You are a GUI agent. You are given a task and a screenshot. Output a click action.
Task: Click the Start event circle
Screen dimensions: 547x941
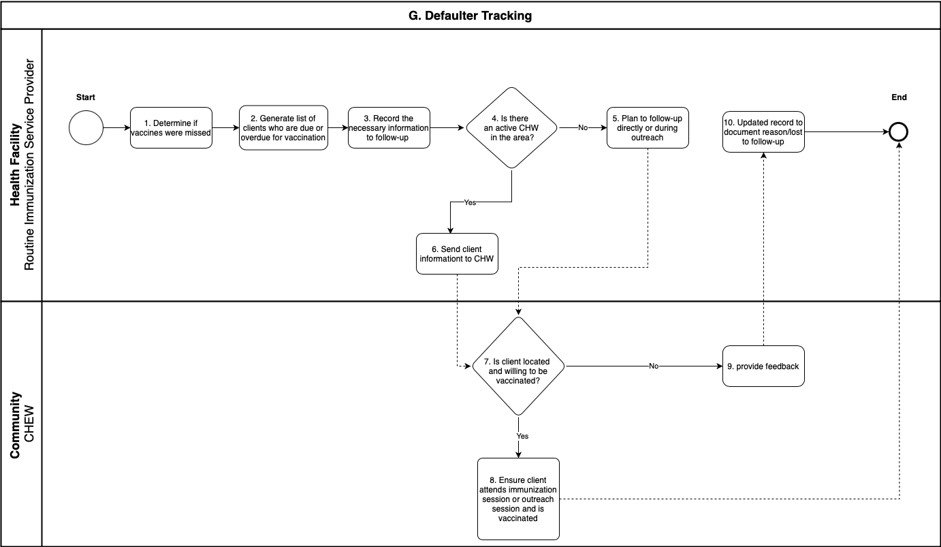pos(86,128)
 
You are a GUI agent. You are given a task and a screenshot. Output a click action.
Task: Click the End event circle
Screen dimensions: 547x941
pos(899,132)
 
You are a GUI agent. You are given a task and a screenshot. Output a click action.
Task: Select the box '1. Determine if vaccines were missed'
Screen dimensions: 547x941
pos(171,128)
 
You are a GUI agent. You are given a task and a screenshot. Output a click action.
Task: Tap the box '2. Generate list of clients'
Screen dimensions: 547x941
pos(283,128)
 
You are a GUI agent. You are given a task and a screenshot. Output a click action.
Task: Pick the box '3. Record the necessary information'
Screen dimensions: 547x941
pos(389,128)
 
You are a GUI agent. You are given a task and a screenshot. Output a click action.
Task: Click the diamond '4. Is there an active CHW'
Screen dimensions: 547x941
pos(511,128)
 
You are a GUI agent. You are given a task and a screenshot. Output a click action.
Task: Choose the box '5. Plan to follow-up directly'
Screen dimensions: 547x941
pos(648,128)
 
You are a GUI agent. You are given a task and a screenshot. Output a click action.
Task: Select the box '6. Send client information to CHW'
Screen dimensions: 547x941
pos(457,254)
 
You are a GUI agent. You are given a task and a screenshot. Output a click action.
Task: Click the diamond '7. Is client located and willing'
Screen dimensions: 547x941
pos(518,366)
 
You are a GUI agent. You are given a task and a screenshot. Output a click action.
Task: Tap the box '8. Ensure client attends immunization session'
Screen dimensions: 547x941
pos(518,499)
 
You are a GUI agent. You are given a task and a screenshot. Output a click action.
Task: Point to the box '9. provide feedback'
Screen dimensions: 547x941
pos(763,366)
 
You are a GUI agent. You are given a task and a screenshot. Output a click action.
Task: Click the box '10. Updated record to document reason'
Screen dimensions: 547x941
pos(763,132)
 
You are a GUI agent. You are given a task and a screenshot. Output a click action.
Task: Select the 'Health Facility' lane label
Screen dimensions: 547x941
pos(16,165)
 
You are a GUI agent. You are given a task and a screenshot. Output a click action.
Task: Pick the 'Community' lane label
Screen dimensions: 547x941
pos(16,424)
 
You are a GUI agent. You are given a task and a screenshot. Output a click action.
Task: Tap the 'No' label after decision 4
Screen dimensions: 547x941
pos(583,128)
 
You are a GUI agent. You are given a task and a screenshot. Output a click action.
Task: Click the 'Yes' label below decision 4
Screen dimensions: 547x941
pos(470,203)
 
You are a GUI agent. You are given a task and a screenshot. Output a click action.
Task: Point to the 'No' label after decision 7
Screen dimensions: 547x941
pos(654,366)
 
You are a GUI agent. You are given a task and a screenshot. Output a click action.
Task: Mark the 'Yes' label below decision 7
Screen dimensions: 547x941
pos(522,436)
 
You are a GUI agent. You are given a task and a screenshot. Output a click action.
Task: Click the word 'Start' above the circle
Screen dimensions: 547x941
pos(86,97)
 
